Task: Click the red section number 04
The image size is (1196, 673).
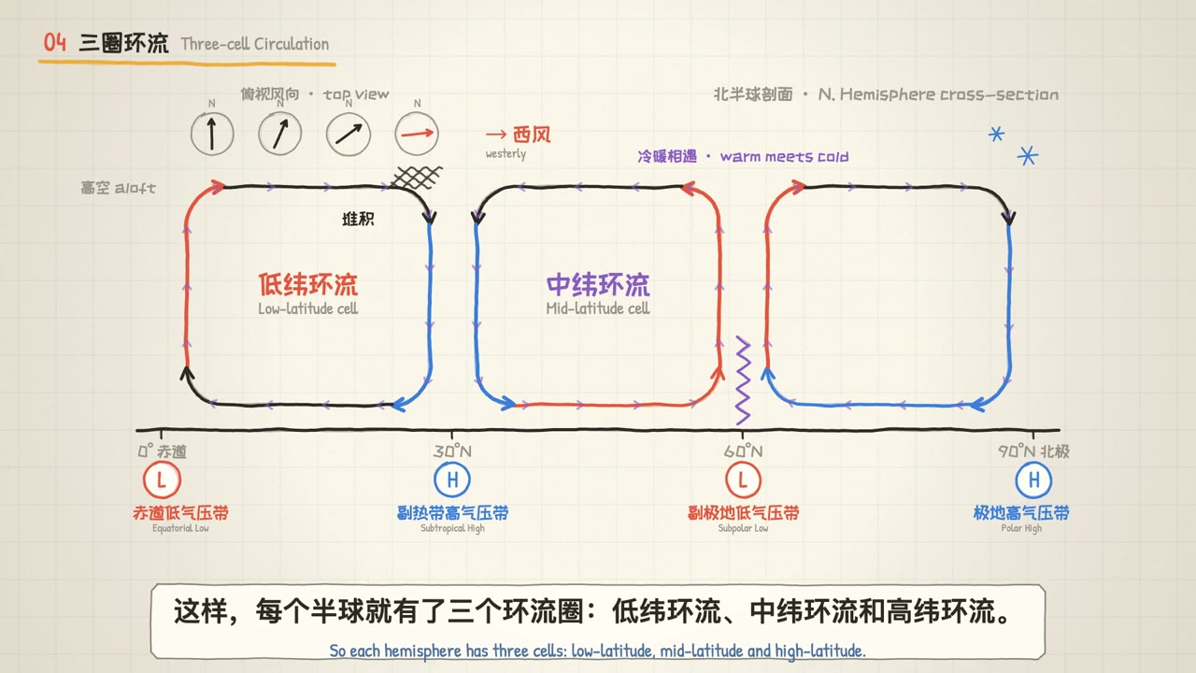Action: [55, 42]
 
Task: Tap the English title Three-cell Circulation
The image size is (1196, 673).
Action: [255, 44]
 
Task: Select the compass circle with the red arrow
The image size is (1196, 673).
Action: [417, 134]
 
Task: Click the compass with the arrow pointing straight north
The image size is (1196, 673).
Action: [212, 134]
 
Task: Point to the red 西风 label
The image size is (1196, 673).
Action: [532, 135]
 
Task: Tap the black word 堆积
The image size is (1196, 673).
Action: [358, 219]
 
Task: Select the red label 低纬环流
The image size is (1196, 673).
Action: [308, 284]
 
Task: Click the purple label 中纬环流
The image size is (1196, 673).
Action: [598, 284]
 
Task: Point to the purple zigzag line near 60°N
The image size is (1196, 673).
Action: [743, 380]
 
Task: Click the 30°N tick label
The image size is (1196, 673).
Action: [452, 451]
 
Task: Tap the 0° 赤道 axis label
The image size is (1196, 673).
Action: [163, 451]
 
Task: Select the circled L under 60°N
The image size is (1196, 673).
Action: [743, 480]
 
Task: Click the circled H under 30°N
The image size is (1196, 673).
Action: [452, 480]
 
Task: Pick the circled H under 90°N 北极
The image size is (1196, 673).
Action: [1033, 480]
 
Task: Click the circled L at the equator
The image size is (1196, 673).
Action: [162, 480]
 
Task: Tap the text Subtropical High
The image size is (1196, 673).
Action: [453, 528]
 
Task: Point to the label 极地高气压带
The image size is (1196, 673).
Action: [1021, 513]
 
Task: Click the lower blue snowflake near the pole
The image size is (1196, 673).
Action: [1027, 156]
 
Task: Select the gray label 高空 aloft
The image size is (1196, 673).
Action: [118, 188]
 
